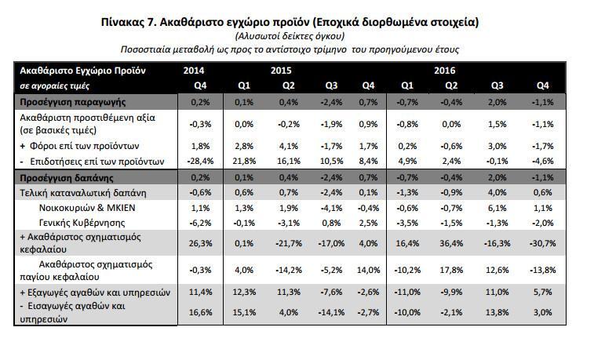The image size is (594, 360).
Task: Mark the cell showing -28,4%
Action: [x=201, y=162]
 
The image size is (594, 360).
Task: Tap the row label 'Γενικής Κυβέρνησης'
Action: [x=78, y=222]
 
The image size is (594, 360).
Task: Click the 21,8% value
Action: [x=245, y=162]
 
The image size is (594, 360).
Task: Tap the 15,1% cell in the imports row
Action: [x=245, y=312]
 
